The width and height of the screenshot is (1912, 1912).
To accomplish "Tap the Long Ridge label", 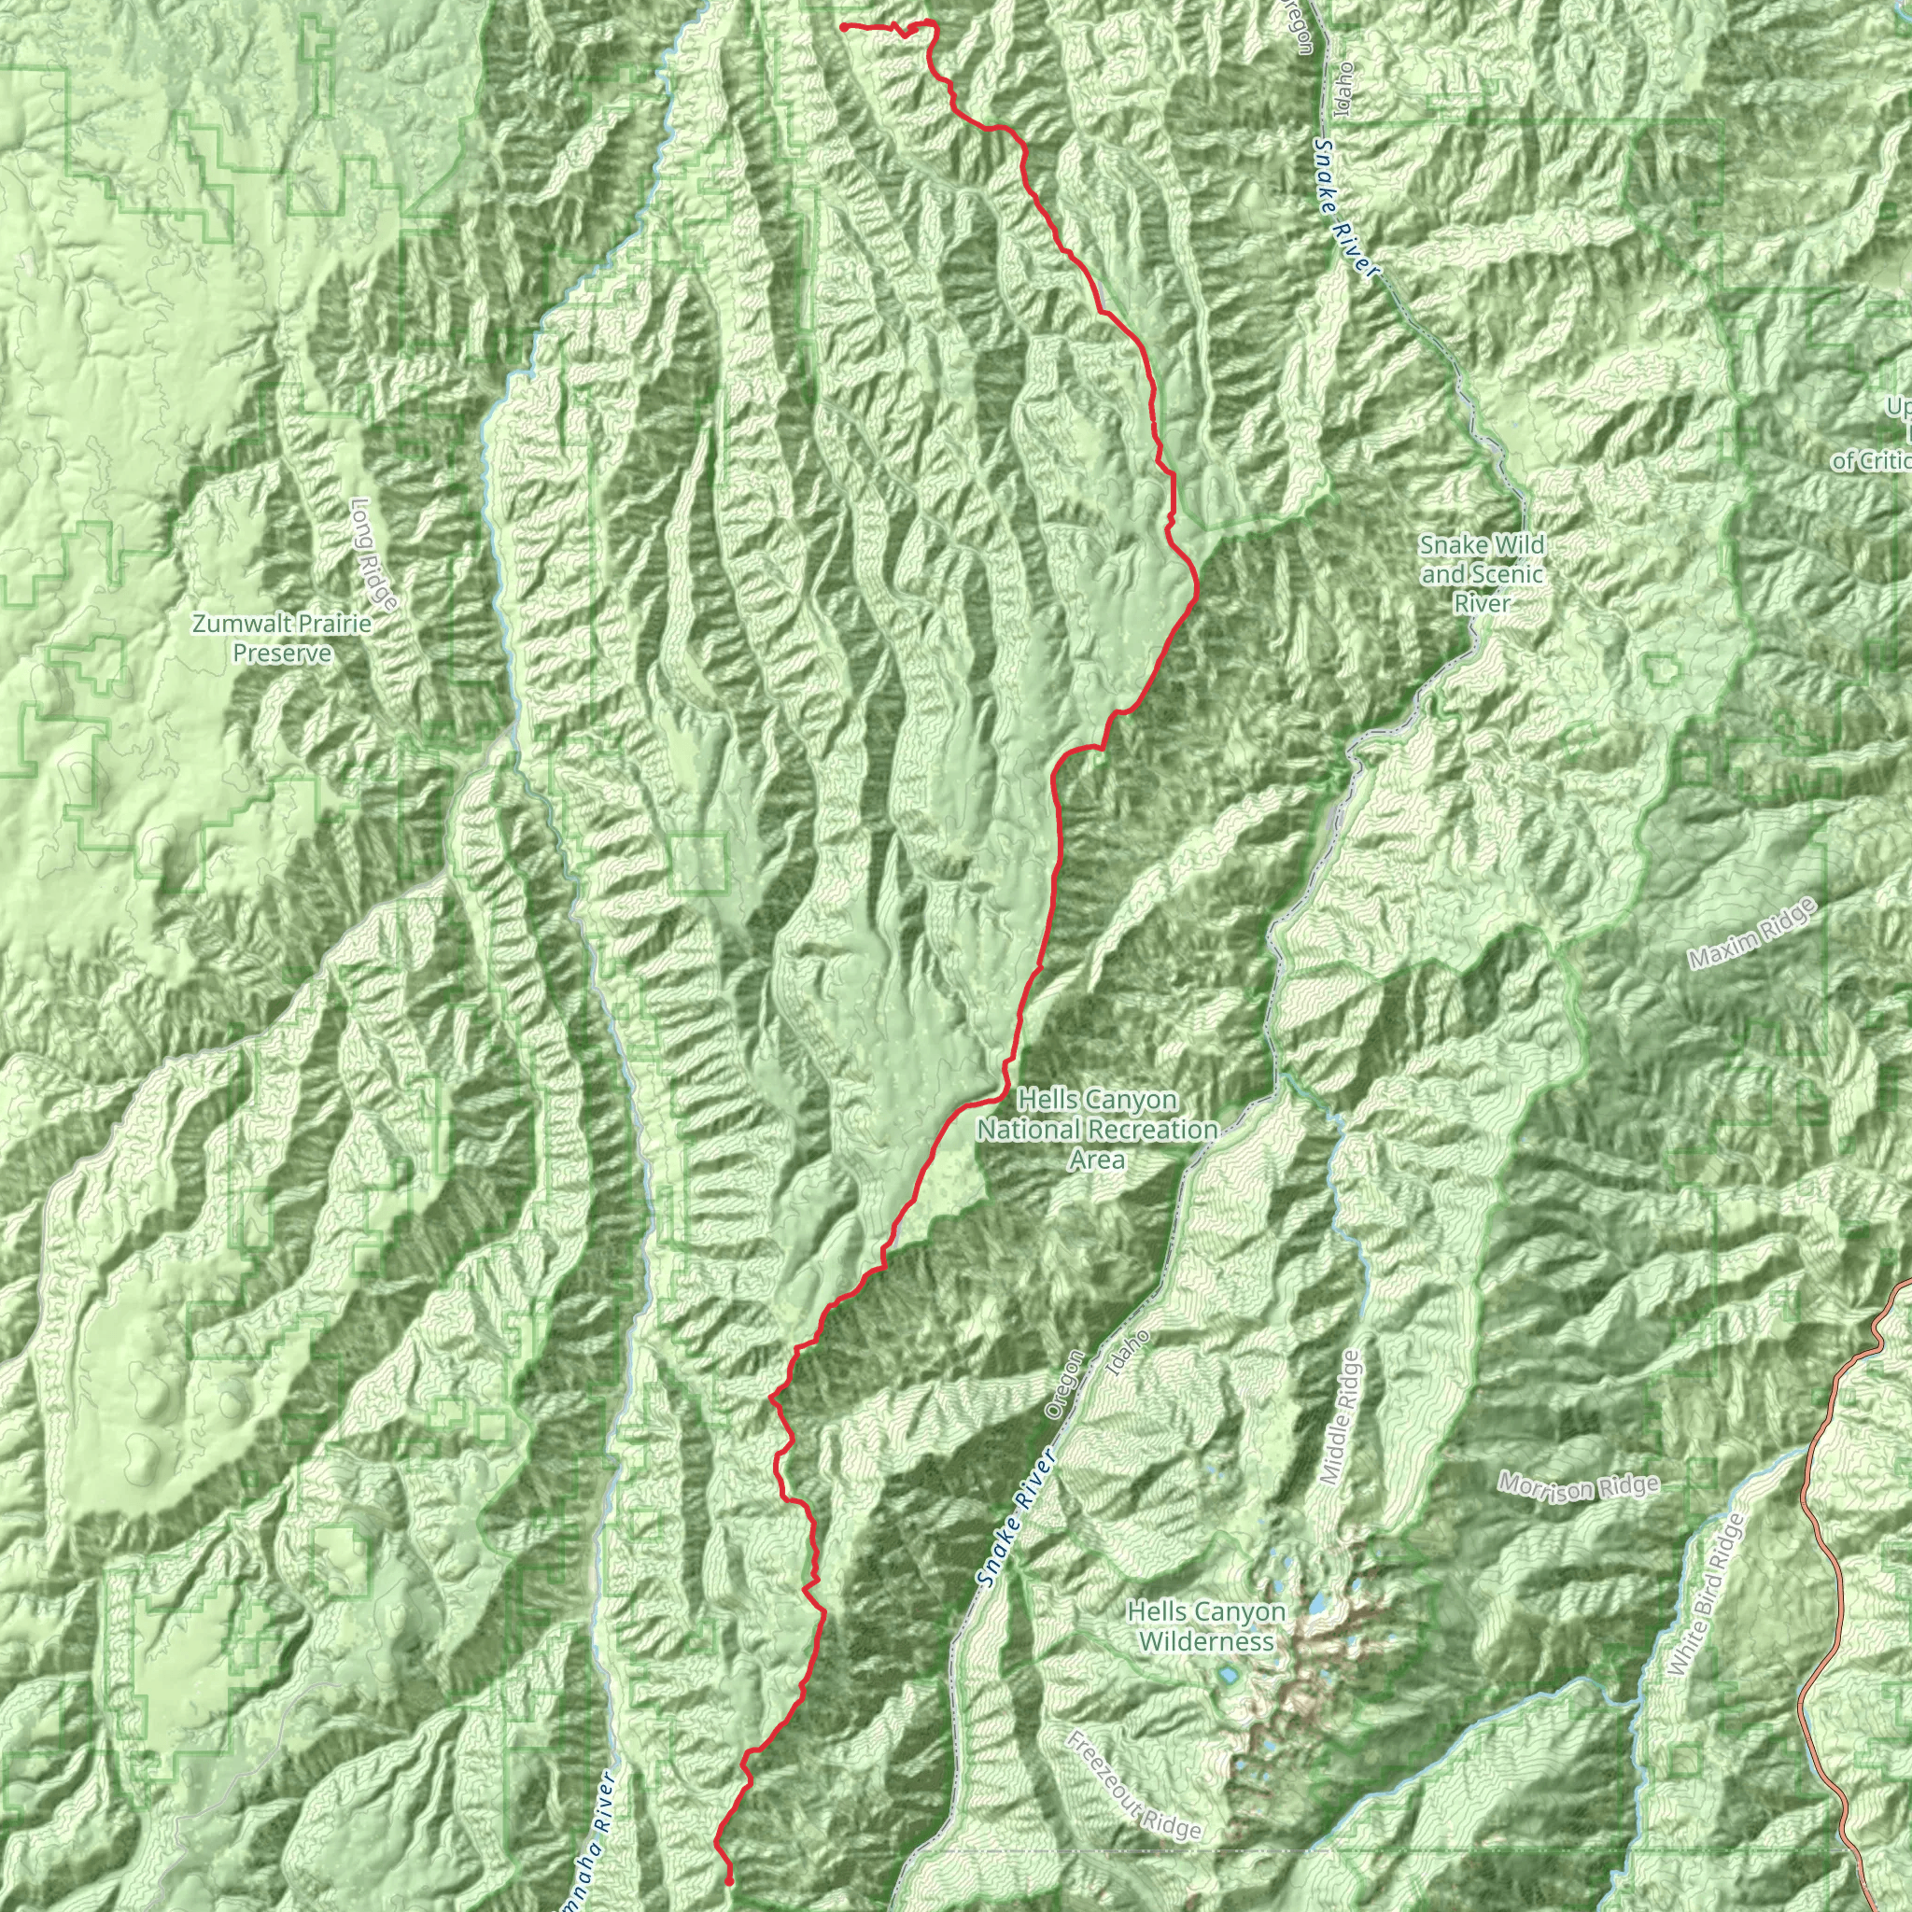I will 373,554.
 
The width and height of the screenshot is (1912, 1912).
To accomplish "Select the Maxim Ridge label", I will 1752,934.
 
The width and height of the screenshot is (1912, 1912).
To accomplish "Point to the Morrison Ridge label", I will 1578,1487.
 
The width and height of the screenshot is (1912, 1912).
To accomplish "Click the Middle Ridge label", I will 1342,1417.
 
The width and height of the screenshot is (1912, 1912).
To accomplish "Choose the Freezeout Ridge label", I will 1133,1785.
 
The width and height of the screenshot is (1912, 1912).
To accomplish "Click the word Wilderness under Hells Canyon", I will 1205,1642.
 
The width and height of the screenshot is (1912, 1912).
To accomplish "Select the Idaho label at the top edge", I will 1342,90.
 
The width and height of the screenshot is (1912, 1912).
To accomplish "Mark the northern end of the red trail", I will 841,27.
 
